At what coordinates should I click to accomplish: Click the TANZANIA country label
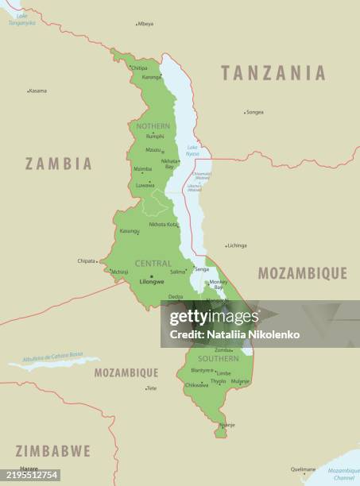click(x=273, y=73)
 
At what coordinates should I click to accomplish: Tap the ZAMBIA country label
click(x=59, y=164)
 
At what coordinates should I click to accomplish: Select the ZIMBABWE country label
click(x=52, y=451)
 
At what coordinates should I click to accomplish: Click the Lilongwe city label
click(x=151, y=281)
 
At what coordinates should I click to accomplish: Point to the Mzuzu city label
click(x=153, y=149)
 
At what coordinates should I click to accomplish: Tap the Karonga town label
click(x=151, y=77)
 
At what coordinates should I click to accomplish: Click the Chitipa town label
click(x=139, y=68)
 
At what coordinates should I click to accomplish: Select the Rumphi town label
click(x=155, y=136)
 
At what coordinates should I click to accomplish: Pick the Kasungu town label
click(x=129, y=231)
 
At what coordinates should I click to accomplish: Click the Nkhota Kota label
click(x=163, y=224)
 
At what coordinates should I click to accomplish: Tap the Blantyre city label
click(x=201, y=370)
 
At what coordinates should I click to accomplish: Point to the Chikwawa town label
click(x=196, y=385)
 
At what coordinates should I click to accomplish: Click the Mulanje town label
click(x=240, y=381)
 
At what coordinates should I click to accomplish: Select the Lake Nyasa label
click(x=192, y=149)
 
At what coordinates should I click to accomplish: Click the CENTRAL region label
click(x=153, y=263)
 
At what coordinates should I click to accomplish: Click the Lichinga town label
click(x=237, y=245)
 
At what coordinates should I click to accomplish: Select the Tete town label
click(x=152, y=388)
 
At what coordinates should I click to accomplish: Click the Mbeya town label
click(x=145, y=24)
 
